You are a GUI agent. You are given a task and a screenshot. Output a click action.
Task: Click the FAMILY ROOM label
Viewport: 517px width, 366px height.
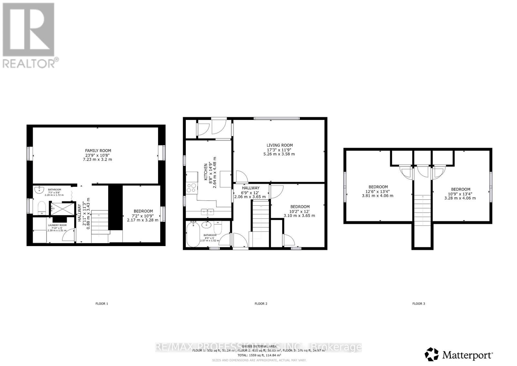(x=98, y=150)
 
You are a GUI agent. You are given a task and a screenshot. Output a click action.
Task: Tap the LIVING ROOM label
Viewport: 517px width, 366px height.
(x=280, y=145)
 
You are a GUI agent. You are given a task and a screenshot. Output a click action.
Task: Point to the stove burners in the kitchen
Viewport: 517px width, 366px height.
(x=192, y=188)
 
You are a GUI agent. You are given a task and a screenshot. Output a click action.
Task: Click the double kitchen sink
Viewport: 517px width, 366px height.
(x=207, y=212)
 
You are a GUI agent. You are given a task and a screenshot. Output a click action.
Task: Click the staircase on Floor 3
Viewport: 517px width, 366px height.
(x=422, y=210)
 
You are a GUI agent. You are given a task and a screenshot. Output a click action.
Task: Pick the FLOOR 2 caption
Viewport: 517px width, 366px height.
(x=261, y=304)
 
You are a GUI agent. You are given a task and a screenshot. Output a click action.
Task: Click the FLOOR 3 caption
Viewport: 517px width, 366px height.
(x=418, y=304)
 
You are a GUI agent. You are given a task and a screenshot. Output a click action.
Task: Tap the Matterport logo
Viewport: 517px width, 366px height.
(x=459, y=354)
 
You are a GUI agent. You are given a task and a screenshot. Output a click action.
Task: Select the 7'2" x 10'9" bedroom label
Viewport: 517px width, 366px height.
(x=142, y=215)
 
